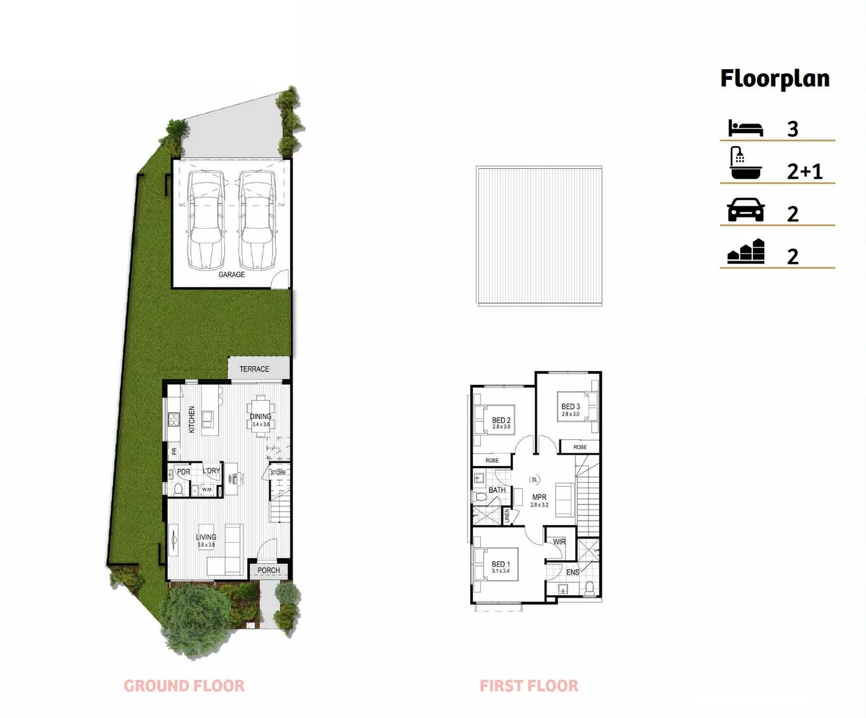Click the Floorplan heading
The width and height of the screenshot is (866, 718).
pyautogui.click(x=775, y=78)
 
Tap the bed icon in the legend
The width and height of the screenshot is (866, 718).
pyautogui.click(x=746, y=128)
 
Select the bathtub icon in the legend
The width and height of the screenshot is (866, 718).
pyautogui.click(x=746, y=164)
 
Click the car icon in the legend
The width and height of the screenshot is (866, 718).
pyautogui.click(x=746, y=211)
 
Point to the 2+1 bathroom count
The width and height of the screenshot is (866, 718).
pyautogui.click(x=805, y=172)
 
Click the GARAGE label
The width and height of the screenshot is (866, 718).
pyautogui.click(x=231, y=275)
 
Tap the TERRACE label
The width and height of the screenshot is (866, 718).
pyautogui.click(x=254, y=369)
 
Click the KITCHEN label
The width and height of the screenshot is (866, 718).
pyautogui.click(x=192, y=419)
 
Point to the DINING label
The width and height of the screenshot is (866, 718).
pyautogui.click(x=261, y=417)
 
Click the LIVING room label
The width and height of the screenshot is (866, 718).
pyautogui.click(x=206, y=537)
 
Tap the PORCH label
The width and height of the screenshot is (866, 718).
pyautogui.click(x=269, y=570)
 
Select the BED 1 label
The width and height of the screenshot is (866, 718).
pyautogui.click(x=501, y=564)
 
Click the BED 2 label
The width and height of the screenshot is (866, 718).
pyautogui.click(x=502, y=420)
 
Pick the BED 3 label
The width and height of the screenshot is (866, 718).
pyautogui.click(x=571, y=407)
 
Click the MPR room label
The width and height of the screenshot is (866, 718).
pyautogui.click(x=539, y=497)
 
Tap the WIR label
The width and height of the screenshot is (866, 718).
pyautogui.click(x=559, y=542)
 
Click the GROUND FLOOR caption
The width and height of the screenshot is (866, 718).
pyautogui.click(x=184, y=686)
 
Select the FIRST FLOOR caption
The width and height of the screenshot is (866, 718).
pyautogui.click(x=529, y=686)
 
